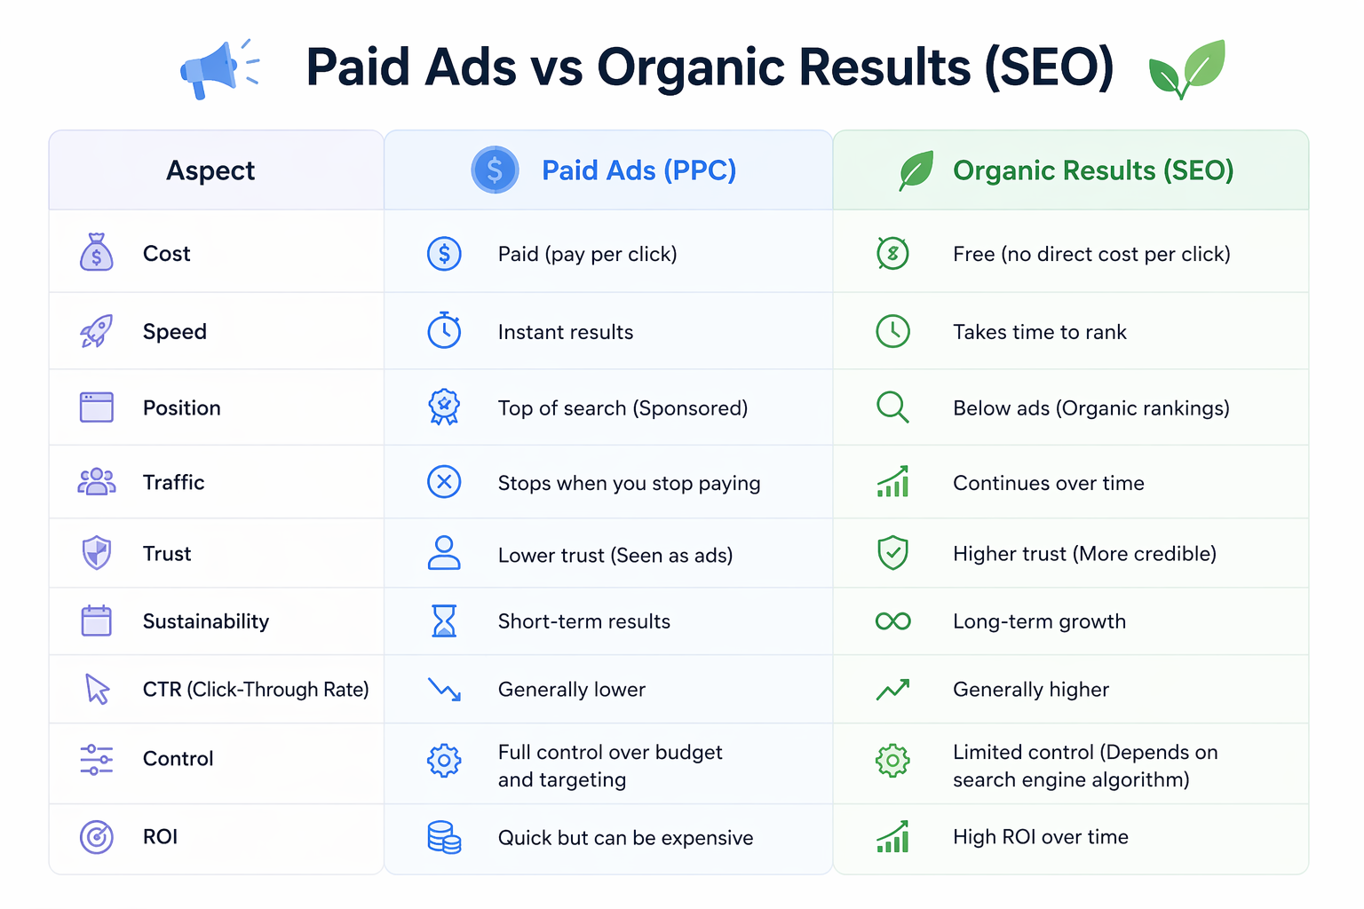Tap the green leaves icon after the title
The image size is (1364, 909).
pyautogui.click(x=1186, y=69)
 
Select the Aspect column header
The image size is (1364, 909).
pyautogui.click(x=210, y=170)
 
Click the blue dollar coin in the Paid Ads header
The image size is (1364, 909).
pyautogui.click(x=495, y=170)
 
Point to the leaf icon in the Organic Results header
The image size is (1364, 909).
pyautogui.click(x=916, y=170)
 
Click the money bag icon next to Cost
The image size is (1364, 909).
pyautogui.click(x=96, y=252)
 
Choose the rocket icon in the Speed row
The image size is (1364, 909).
pyautogui.click(x=96, y=331)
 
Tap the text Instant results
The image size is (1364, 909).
pyautogui.click(x=565, y=332)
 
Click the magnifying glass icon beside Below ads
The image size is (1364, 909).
pyautogui.click(x=892, y=407)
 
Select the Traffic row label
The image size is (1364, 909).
pyautogui.click(x=173, y=482)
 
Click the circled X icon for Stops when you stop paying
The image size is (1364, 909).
pyautogui.click(x=444, y=482)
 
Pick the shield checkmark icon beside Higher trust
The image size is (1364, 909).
pyautogui.click(x=892, y=553)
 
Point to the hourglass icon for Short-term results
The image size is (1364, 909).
pyautogui.click(x=444, y=621)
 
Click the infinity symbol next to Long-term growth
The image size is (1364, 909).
pyautogui.click(x=892, y=621)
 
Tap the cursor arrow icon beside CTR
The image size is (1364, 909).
pyautogui.click(x=97, y=689)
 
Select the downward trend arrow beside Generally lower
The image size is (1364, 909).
pyautogui.click(x=444, y=689)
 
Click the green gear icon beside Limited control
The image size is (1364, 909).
pyautogui.click(x=892, y=761)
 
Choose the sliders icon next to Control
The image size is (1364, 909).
pyautogui.click(x=96, y=760)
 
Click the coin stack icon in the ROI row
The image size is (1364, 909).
pyautogui.click(x=444, y=837)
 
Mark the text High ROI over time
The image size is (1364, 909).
pyautogui.click(x=1040, y=837)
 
